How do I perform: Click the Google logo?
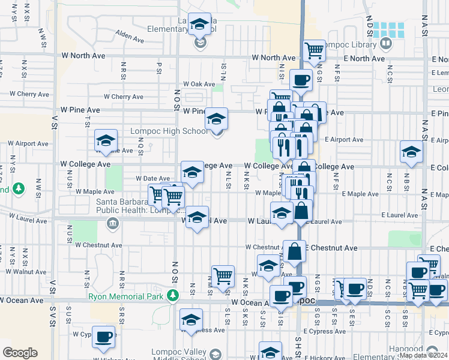pos(20,353)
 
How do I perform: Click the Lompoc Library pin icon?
pos(385,43)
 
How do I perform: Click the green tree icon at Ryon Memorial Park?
pos(173,295)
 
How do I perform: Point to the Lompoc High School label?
pos(170,131)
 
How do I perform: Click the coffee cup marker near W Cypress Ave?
pos(104,337)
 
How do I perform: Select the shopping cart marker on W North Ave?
pos(314,52)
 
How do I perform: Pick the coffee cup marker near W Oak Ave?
pos(301,80)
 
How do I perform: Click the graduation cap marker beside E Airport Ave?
pos(412,152)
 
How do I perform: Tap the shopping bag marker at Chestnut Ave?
pos(295,252)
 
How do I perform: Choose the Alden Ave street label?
pos(130,37)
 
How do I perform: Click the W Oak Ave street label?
pos(199,85)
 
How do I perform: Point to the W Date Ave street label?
pos(153,178)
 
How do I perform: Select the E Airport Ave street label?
pos(344,140)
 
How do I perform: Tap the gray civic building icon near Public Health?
pos(112,224)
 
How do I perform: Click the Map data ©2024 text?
pos(423,355)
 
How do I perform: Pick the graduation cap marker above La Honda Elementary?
pos(200,24)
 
